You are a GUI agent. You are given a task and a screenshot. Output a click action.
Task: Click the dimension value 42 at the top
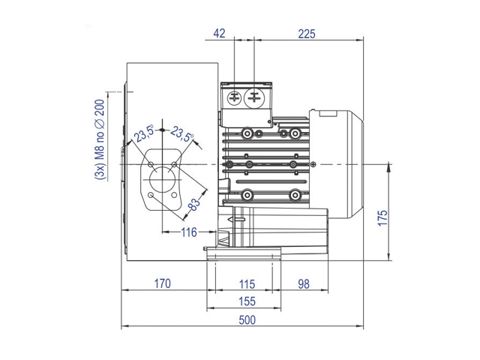[x=219, y=33]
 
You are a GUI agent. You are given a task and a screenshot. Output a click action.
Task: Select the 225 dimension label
[x=307, y=34]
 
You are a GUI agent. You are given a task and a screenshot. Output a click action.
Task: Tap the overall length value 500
[x=247, y=320]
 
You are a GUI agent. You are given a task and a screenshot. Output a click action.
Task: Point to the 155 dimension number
[x=247, y=301]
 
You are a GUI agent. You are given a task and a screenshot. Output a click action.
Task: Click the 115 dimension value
[x=247, y=284]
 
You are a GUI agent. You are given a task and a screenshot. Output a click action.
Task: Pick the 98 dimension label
[x=304, y=284]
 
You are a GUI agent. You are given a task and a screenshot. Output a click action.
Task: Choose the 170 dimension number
[x=162, y=283]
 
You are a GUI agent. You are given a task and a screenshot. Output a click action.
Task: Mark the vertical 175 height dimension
[x=382, y=218]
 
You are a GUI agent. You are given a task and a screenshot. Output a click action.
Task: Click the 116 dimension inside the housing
[x=189, y=232]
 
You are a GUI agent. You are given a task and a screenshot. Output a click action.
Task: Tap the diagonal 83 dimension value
[x=193, y=205]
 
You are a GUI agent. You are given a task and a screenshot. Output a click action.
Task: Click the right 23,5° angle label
[x=182, y=134]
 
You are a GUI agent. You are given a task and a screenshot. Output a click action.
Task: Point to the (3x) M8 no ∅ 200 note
[x=100, y=139]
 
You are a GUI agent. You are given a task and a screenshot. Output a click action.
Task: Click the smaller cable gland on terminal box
[x=235, y=98]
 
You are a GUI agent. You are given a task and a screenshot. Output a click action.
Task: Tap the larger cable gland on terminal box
[x=253, y=98]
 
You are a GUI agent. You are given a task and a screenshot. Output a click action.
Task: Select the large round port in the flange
[x=162, y=180]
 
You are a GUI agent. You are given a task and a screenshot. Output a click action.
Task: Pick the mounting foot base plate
[x=244, y=253]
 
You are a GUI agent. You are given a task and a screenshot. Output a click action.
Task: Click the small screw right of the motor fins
[x=313, y=165]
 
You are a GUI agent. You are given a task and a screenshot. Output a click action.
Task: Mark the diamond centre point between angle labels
[x=162, y=130]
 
